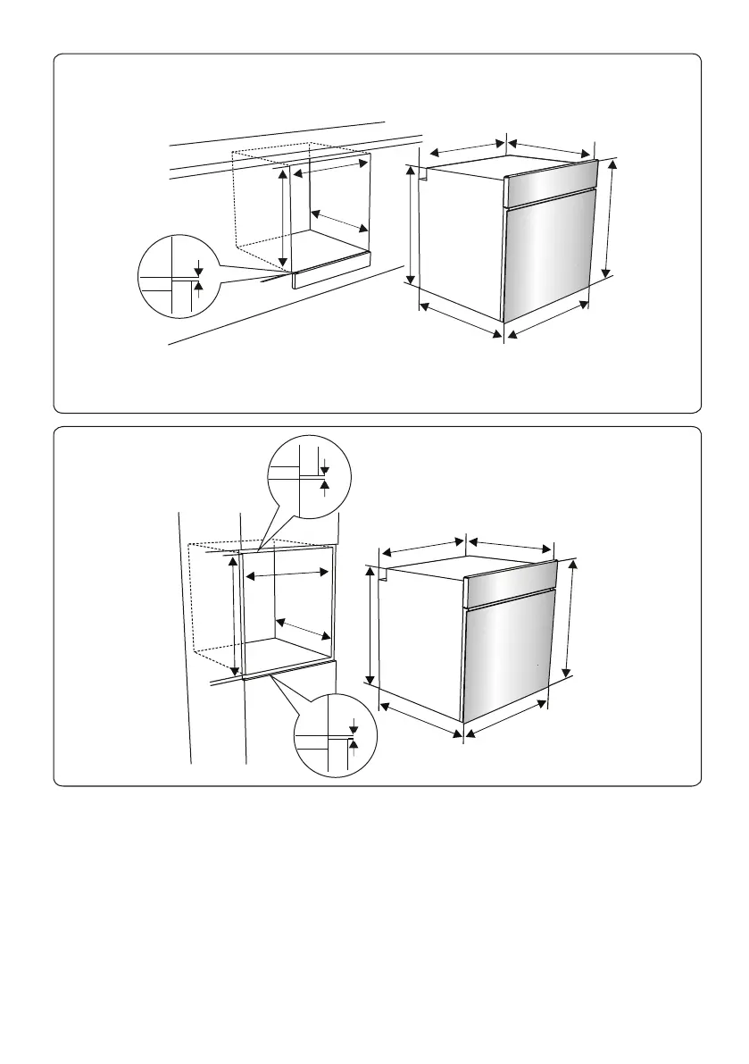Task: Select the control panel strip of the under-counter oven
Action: (x=550, y=178)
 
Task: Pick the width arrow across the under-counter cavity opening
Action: (x=329, y=167)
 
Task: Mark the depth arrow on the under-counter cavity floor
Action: (x=339, y=220)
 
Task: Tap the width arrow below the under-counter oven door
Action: (x=547, y=319)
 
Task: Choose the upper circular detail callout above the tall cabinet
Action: (x=310, y=478)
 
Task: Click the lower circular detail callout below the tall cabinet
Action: (x=336, y=735)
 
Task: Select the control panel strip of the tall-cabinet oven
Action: (x=511, y=579)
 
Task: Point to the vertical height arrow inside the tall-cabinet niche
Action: (x=235, y=616)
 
